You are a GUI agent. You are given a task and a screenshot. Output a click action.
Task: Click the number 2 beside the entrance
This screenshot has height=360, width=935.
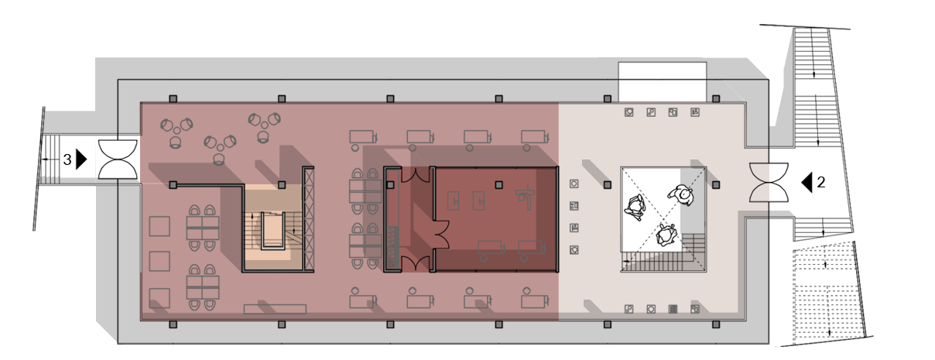[821, 183]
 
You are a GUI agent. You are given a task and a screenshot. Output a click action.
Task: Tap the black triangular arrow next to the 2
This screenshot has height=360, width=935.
[806, 182]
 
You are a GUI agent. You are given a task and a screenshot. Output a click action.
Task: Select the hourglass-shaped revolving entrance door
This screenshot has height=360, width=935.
[769, 183]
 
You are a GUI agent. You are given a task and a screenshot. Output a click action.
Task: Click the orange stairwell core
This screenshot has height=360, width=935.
[272, 229]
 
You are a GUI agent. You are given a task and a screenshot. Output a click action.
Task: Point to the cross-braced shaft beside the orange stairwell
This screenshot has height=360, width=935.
[310, 221]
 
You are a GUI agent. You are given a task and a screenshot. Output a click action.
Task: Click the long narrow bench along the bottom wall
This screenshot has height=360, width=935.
[275, 309]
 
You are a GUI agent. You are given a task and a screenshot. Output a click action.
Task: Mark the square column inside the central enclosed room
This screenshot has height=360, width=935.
[499, 184]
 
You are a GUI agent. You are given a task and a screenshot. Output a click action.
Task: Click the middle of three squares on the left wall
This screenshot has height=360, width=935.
[159, 261]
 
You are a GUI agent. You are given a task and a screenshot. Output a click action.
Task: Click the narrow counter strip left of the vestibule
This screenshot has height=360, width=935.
[391, 225]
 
